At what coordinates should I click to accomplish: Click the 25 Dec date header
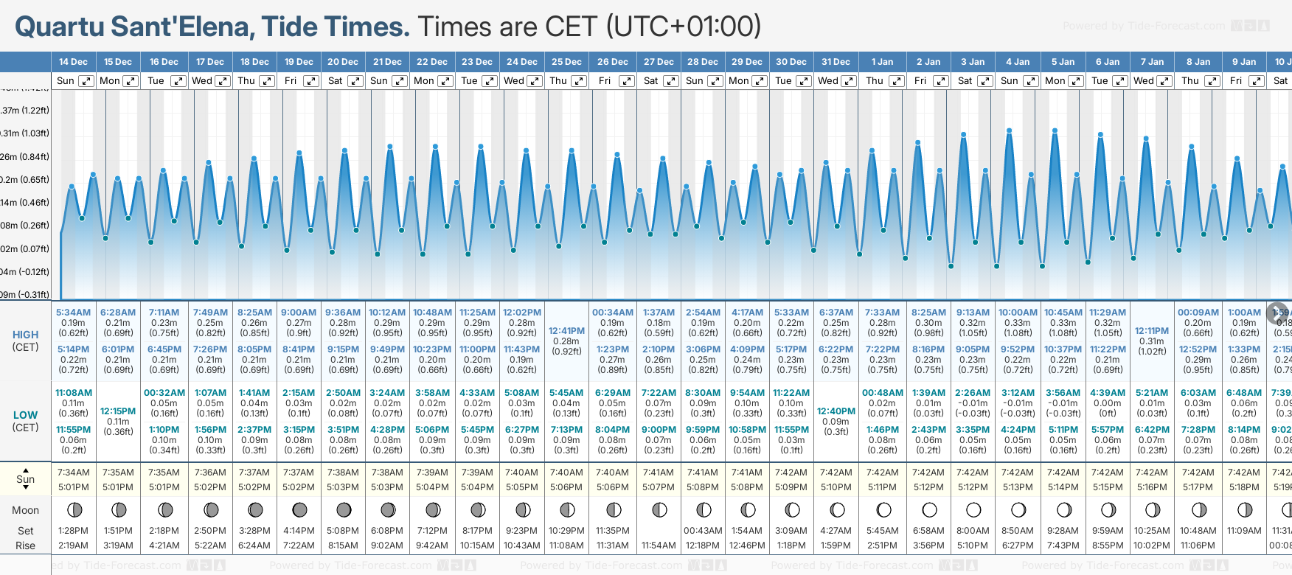(567, 62)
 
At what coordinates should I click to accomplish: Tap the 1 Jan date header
(882, 62)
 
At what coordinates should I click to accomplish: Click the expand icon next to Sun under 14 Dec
(86, 81)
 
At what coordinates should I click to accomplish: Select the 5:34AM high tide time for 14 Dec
(73, 313)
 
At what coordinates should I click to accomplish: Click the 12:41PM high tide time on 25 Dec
(566, 331)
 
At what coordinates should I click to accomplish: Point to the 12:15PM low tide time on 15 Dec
(118, 411)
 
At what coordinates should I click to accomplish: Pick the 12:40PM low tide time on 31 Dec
(836, 411)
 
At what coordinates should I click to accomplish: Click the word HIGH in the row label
(26, 335)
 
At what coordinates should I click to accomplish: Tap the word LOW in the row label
(26, 415)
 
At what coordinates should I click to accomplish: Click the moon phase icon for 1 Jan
(883, 509)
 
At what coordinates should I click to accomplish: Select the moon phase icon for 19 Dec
(299, 509)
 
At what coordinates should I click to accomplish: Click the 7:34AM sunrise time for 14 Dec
(73, 473)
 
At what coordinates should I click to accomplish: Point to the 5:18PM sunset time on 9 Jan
(1244, 487)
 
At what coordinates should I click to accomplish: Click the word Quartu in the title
(60, 27)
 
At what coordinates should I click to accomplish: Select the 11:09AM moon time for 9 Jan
(1244, 531)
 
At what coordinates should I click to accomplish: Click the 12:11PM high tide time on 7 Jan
(1152, 331)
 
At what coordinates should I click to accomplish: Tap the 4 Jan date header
(1018, 62)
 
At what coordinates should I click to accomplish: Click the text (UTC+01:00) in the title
(684, 27)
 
